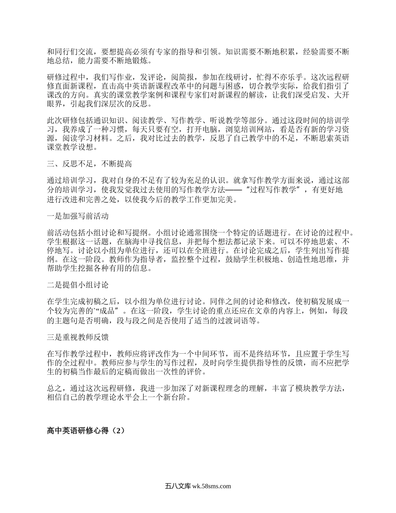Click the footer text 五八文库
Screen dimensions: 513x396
[x=178, y=486]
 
